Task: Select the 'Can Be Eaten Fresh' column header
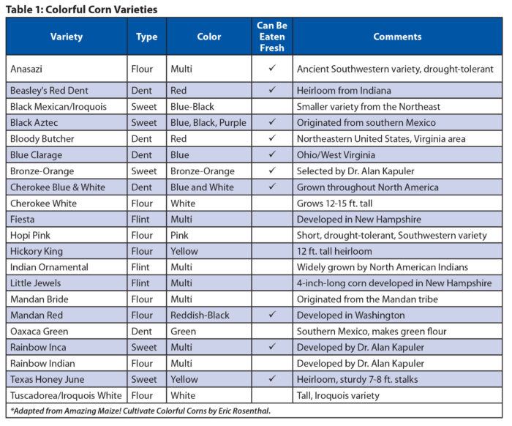[x=272, y=37]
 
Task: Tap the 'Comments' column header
[x=397, y=37]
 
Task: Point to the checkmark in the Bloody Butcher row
[x=272, y=138]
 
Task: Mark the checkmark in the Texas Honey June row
[x=272, y=380]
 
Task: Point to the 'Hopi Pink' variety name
[x=32, y=235]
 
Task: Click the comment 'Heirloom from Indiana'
[x=344, y=90]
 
